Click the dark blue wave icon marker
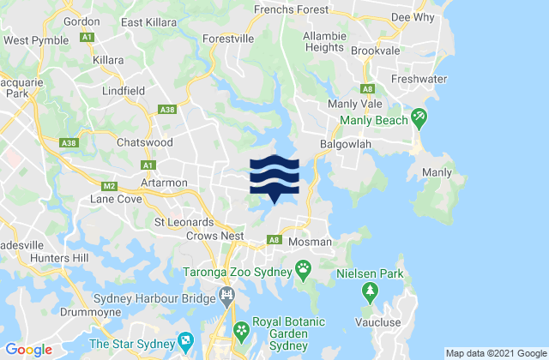click(274, 177)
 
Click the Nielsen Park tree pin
click(371, 293)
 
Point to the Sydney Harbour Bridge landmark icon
click(226, 297)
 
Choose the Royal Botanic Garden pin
click(242, 329)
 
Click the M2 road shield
click(108, 185)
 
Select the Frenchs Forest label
click(292, 10)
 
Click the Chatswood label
click(146, 142)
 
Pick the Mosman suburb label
click(309, 243)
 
